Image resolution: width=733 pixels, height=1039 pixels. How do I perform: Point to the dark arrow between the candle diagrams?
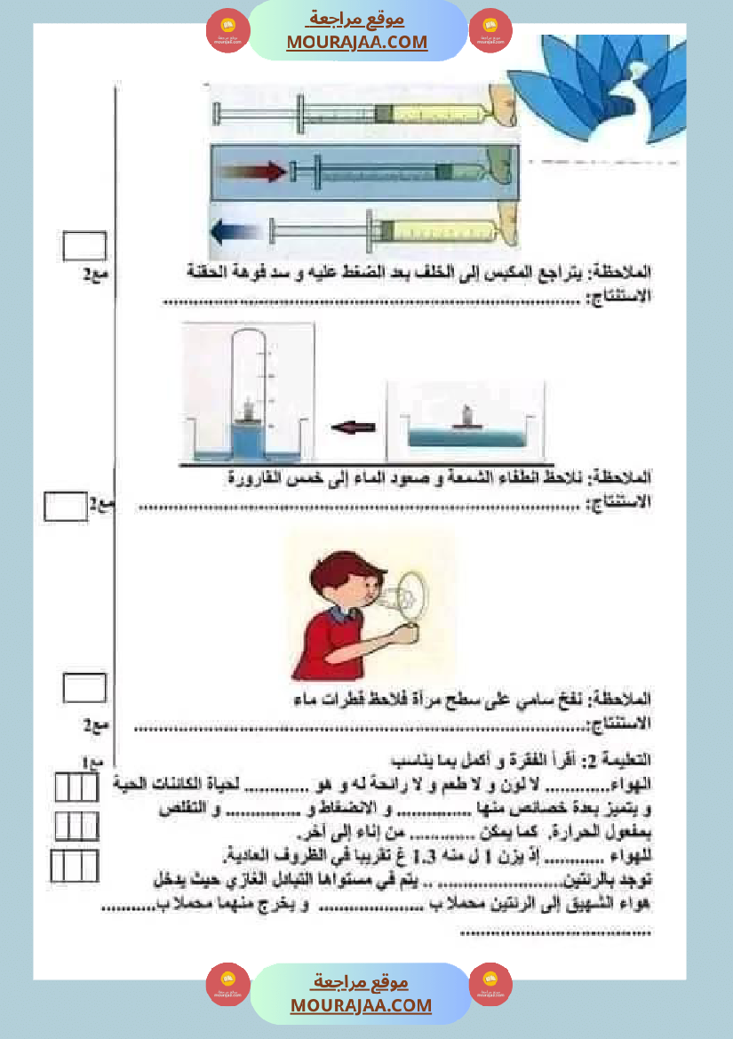pos(354,428)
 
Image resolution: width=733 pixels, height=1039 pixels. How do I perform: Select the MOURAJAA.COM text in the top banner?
pos(357,42)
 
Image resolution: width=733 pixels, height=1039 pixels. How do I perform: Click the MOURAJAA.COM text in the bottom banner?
pos(361,1005)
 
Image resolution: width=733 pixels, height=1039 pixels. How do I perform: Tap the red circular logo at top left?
pos(228,30)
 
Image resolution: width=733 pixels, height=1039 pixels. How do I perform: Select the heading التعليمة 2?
pos(618,761)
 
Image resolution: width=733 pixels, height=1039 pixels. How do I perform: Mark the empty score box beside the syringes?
pos(85,246)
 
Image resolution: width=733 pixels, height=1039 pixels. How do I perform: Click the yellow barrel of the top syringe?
pos(435,114)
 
